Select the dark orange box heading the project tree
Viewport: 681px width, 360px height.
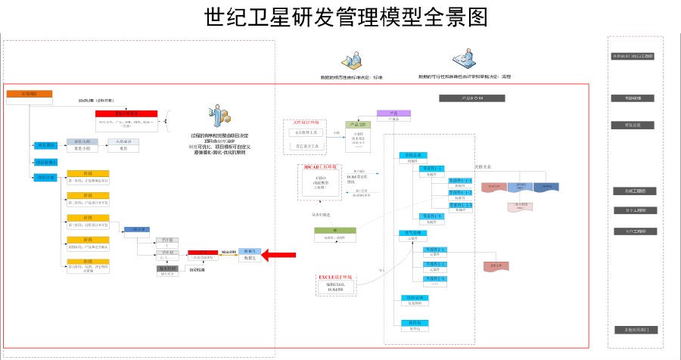30,94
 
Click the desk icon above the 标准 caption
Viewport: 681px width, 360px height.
352,61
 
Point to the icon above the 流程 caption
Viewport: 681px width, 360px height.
462,59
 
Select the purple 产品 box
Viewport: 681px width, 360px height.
393,113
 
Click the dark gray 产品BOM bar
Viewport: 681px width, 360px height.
471,98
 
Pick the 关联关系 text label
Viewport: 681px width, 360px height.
484,167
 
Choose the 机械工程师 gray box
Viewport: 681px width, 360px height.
634,191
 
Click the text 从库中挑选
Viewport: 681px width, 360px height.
322,214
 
